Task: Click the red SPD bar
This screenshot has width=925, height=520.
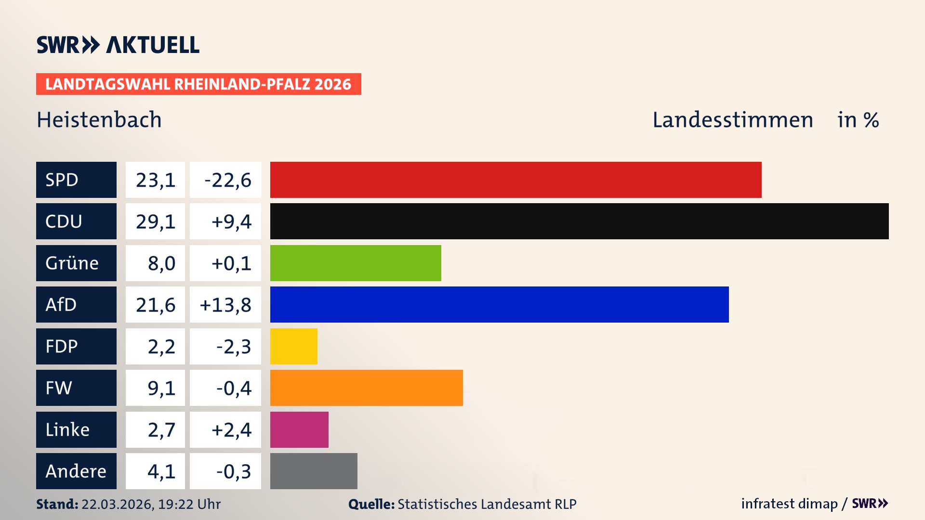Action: [515, 180]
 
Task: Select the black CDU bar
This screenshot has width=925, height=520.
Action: [579, 221]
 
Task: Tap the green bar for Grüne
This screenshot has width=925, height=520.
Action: [356, 263]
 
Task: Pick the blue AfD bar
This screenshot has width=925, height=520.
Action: [499, 304]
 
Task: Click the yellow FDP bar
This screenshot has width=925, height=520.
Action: [293, 346]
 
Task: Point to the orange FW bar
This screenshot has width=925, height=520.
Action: [366, 388]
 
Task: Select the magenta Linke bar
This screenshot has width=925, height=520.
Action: [299, 429]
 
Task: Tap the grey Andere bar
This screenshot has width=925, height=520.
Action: [314, 471]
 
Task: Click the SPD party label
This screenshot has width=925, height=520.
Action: [76, 180]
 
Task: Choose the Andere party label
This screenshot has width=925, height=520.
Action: [76, 471]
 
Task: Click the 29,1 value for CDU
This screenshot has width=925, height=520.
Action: [155, 221]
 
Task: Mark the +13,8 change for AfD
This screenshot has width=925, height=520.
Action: [225, 305]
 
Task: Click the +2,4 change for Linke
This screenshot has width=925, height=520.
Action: [231, 430]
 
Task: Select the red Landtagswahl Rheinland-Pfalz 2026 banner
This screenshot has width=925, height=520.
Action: [198, 84]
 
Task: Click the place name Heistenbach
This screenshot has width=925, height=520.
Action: [99, 120]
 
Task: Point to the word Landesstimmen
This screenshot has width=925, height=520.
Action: [732, 120]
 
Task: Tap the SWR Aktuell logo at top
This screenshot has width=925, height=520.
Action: [118, 45]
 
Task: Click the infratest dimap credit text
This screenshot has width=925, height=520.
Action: [789, 504]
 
